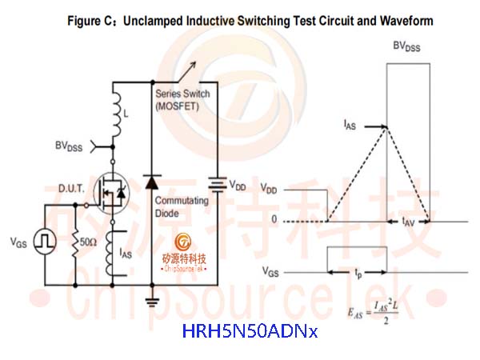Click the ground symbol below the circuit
click(152, 301)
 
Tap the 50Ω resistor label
click(89, 242)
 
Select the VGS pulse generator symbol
click(45, 242)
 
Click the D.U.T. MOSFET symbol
click(112, 193)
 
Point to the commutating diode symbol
click(152, 183)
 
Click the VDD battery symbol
click(218, 184)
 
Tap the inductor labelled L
click(116, 114)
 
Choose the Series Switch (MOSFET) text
click(182, 100)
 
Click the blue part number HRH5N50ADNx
click(250, 331)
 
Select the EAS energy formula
click(373, 313)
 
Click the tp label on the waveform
click(358, 273)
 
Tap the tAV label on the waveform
click(408, 222)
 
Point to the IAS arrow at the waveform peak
click(376, 126)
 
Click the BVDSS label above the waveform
click(406, 46)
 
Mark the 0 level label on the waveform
click(274, 219)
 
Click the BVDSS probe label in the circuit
click(69, 146)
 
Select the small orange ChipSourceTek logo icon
click(183, 242)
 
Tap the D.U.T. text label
click(71, 188)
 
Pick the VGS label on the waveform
click(270, 271)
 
